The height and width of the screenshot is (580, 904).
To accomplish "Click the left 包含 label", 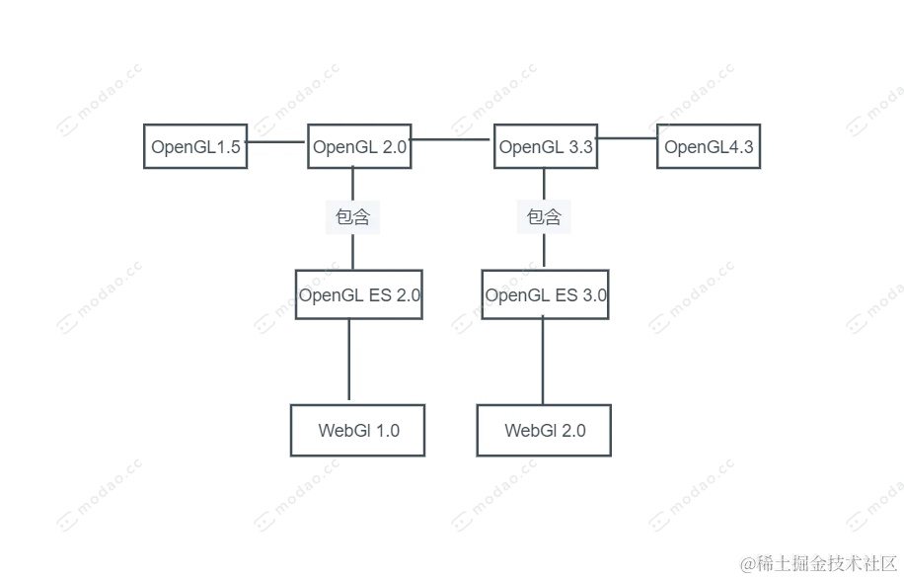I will point(353,216).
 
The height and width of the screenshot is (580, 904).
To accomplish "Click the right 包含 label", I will point(544,216).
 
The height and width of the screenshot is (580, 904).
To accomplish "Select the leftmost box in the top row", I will point(196,146).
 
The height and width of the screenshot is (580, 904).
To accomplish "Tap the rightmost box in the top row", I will point(711,146).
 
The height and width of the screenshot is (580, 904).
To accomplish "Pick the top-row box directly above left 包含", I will point(359,146).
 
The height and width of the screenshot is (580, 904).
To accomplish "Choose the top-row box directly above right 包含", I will point(545,146).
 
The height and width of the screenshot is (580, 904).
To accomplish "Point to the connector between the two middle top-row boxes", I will point(454,139).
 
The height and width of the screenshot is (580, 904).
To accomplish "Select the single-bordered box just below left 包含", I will point(359,295).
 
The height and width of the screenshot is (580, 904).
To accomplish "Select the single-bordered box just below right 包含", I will point(545,295).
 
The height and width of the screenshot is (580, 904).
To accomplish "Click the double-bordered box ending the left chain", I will point(355,431).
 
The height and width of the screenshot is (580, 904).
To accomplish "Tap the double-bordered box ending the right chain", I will point(545,431).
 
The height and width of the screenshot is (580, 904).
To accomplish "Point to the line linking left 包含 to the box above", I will point(352,184).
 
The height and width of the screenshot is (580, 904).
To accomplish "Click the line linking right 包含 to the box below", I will point(544,253).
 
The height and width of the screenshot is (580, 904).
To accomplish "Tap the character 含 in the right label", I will point(553,216).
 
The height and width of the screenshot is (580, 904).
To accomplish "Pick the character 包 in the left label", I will point(344,216).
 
